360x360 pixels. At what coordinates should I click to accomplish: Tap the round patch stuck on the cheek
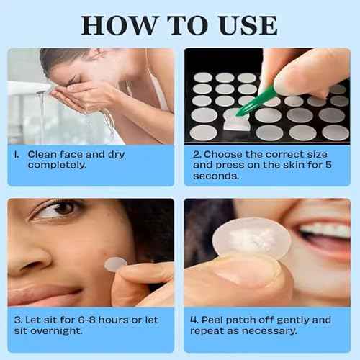[x=114, y=264]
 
